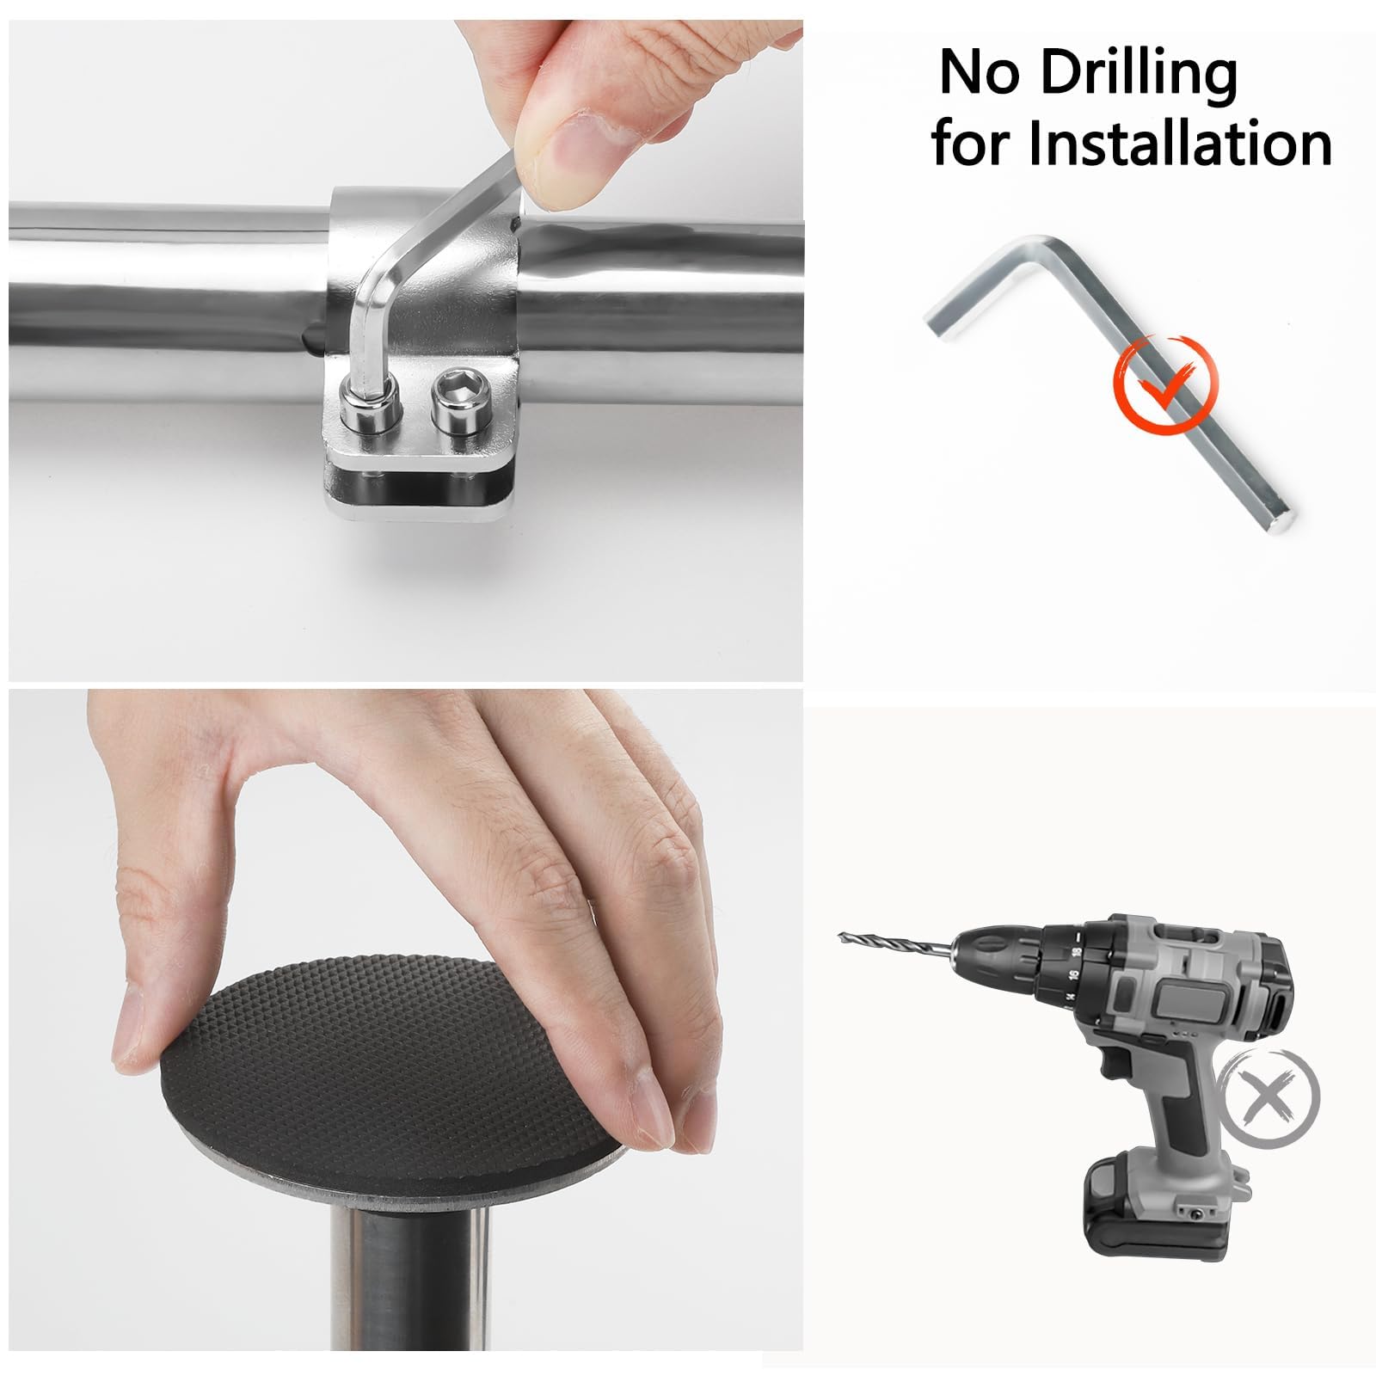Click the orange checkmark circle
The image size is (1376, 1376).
1166,384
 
